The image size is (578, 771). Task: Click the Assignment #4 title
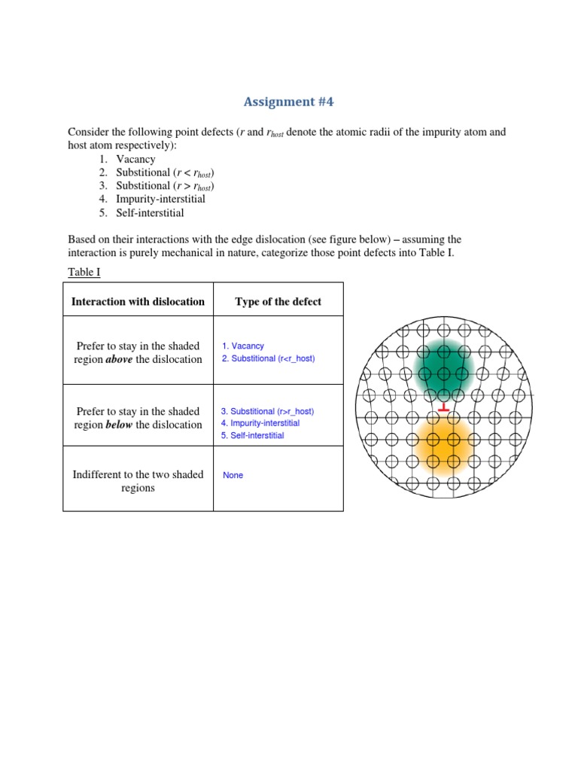(288, 102)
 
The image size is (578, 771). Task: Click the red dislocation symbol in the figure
(444, 408)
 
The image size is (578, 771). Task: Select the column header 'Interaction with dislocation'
(138, 302)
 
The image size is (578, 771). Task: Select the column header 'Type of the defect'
(278, 302)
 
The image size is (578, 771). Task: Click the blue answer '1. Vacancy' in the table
(243, 346)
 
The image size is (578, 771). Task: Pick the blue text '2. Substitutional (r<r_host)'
(269, 359)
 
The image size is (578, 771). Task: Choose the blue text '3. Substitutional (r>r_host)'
(268, 412)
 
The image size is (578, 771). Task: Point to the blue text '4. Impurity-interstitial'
(260, 424)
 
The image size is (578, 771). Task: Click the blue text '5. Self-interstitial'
(253, 436)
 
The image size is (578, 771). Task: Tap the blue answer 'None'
(233, 476)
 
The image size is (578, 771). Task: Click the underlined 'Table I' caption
(84, 272)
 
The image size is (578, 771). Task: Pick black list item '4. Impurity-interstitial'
(160, 199)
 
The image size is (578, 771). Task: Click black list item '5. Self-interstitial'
(150, 212)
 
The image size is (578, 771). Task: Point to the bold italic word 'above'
(118, 359)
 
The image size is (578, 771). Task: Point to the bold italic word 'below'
(119, 425)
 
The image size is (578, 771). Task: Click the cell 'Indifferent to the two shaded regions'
(138, 481)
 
